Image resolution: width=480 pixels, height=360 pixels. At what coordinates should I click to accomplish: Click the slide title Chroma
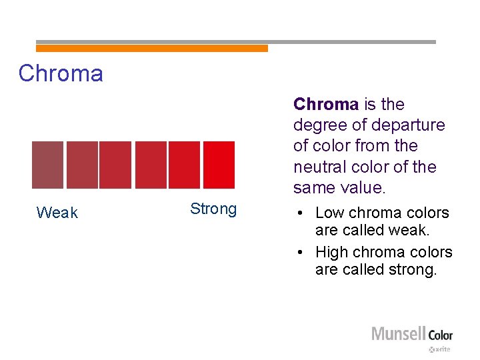(x=61, y=73)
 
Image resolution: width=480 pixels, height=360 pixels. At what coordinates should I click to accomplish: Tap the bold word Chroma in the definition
(x=326, y=105)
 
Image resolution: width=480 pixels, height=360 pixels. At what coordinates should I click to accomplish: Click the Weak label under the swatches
(x=57, y=213)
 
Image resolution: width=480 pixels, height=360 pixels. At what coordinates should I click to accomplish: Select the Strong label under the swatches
(x=213, y=209)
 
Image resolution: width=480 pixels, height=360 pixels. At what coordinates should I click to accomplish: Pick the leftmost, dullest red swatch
(x=47, y=165)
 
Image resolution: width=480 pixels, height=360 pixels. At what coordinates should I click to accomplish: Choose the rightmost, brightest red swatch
(x=219, y=165)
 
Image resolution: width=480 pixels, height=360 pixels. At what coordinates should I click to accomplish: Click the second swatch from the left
(x=81, y=165)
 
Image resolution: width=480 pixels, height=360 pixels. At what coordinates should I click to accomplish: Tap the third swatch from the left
(x=115, y=165)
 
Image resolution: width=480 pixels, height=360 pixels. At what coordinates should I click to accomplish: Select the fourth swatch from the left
(x=150, y=165)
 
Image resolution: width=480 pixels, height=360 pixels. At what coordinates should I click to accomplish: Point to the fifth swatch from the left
(x=184, y=165)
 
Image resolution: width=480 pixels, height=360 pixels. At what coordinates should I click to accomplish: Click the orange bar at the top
(x=151, y=48)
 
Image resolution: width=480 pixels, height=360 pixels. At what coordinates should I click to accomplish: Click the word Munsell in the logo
(x=398, y=334)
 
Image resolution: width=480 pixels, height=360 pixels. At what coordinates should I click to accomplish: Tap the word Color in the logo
(x=440, y=335)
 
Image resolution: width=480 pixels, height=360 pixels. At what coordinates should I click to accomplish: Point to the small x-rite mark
(x=440, y=349)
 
